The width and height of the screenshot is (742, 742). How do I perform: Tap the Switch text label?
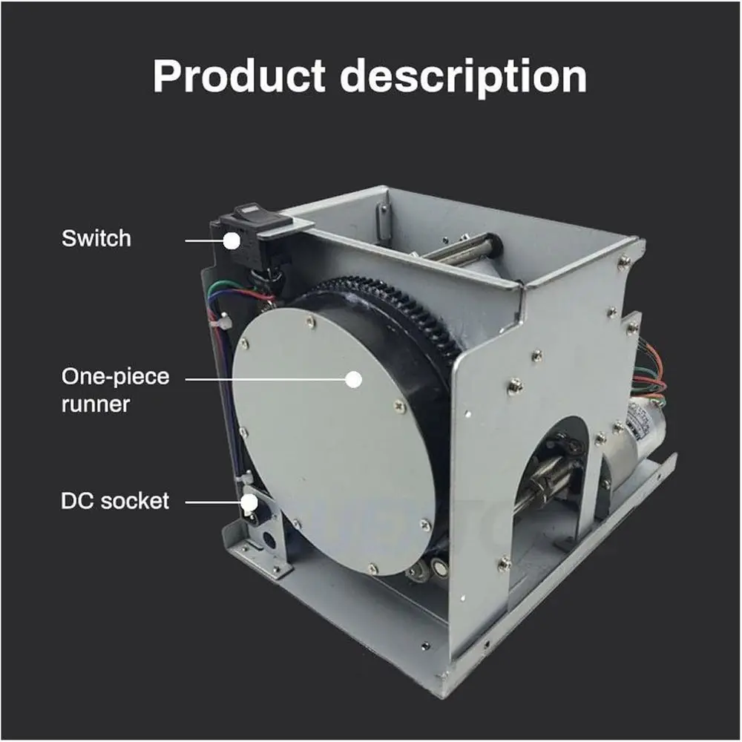pyautogui.click(x=96, y=238)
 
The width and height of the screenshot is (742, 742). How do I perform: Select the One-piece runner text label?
pyautogui.click(x=115, y=390)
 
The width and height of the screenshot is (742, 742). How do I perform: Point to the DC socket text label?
pyautogui.click(x=114, y=501)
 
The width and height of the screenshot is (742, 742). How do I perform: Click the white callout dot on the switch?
pyautogui.click(x=232, y=241)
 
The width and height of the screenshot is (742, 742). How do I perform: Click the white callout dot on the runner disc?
pyautogui.click(x=353, y=379)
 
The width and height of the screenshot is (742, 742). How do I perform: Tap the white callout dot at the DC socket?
pyautogui.click(x=249, y=502)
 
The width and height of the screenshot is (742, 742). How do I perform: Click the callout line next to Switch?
pyautogui.click(x=204, y=241)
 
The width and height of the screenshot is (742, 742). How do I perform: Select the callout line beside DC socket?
pyautogui.click(x=214, y=502)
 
